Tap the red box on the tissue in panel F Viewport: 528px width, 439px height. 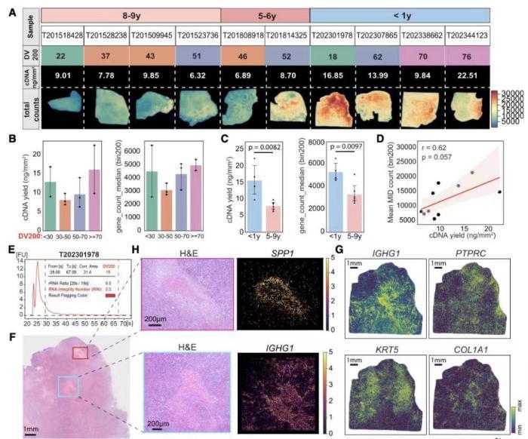(80, 353)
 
